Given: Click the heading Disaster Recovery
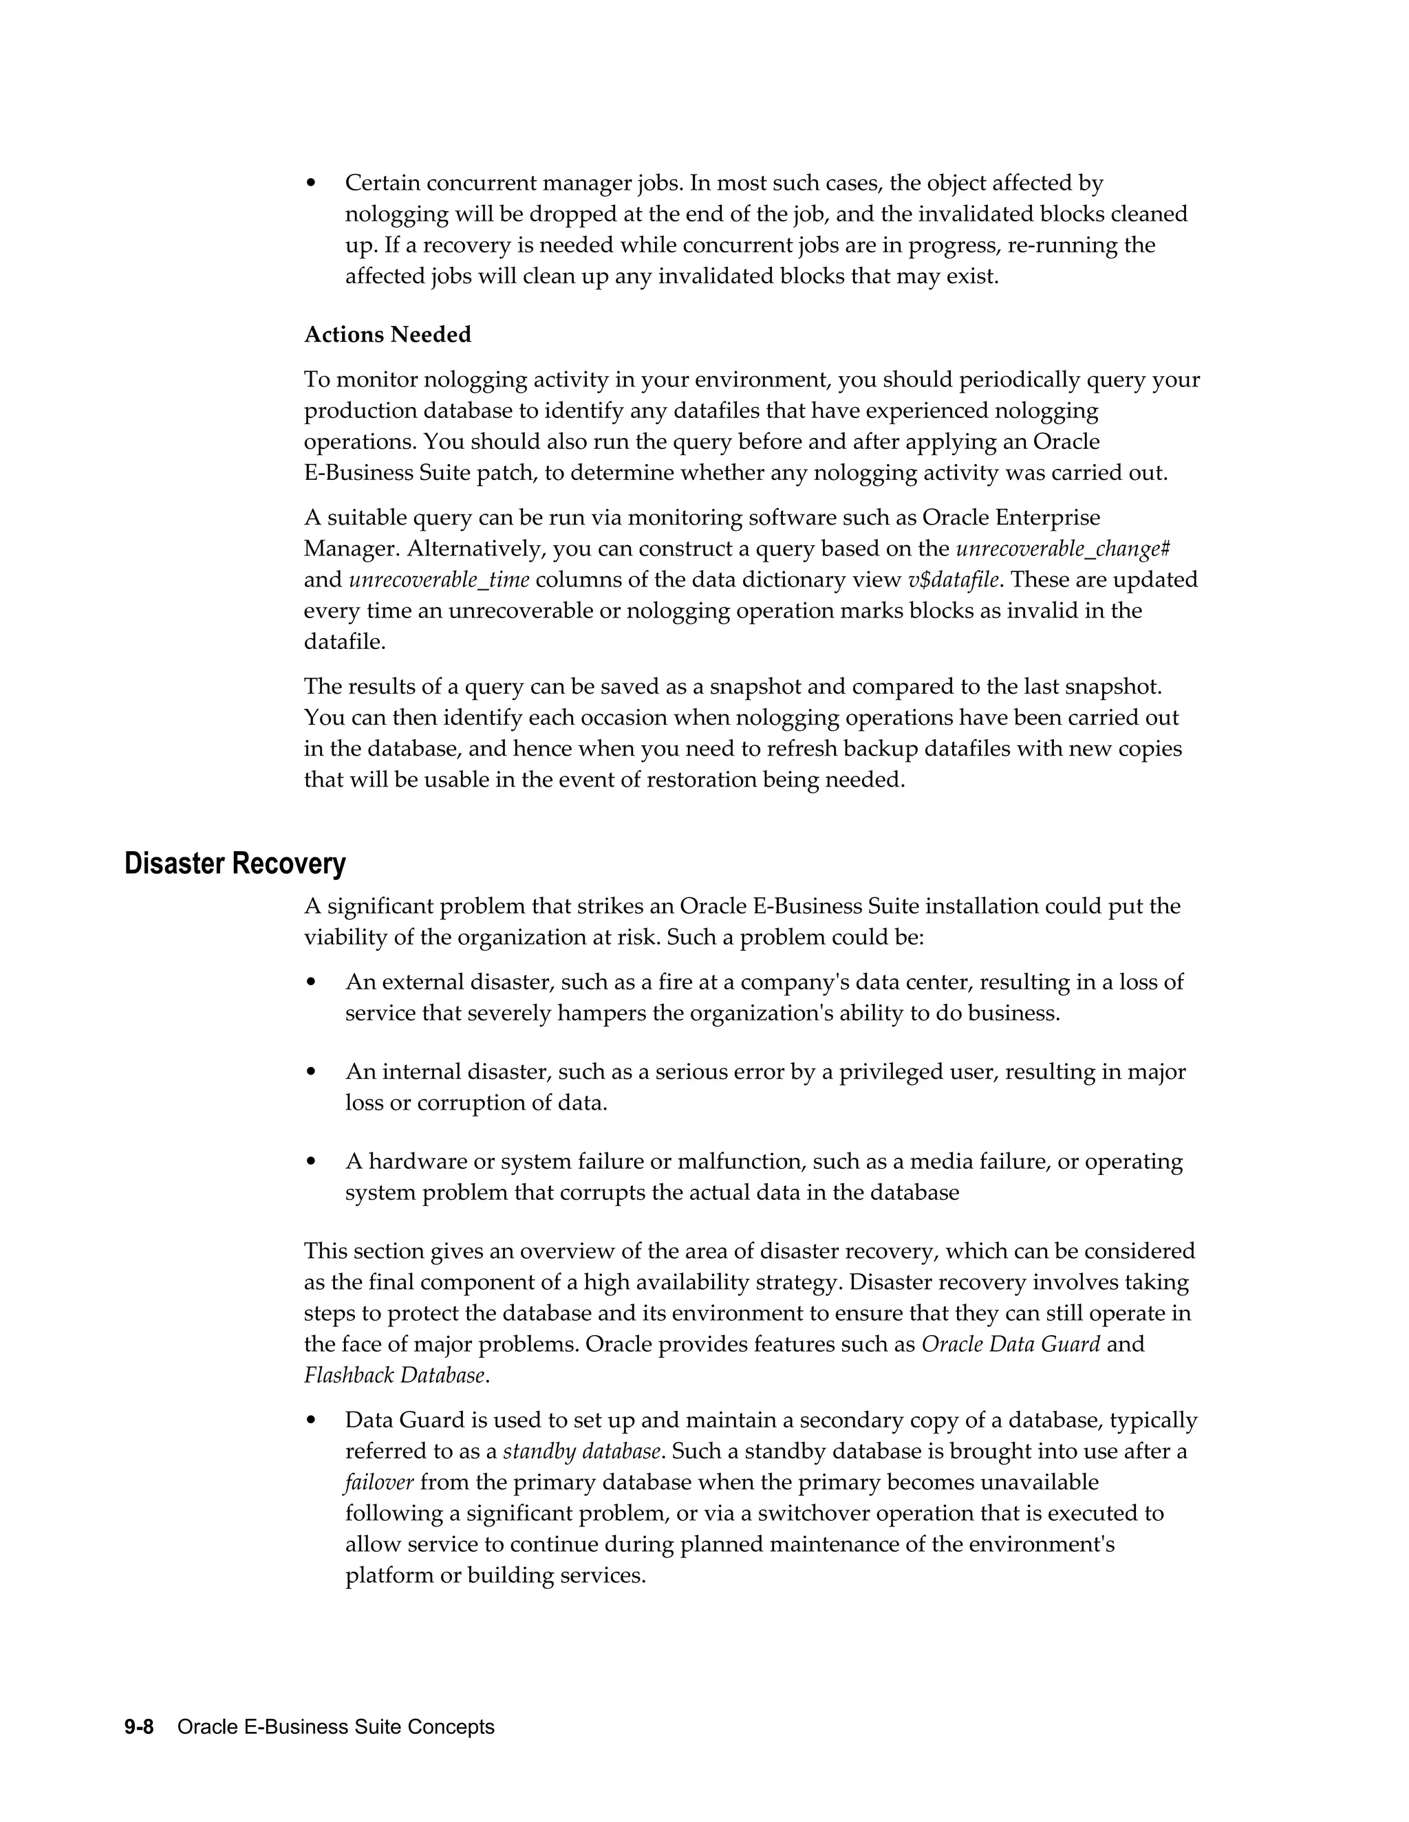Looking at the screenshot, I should tap(235, 864).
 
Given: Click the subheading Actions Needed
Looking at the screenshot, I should tap(387, 335).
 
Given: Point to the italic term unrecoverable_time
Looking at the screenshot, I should tap(439, 580).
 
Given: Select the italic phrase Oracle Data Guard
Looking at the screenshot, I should tap(1010, 1344).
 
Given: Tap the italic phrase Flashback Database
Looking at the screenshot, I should tap(394, 1375).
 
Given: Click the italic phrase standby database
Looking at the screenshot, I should tap(582, 1451).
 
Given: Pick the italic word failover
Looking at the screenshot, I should tap(378, 1482).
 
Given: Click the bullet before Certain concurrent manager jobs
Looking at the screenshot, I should tap(312, 184).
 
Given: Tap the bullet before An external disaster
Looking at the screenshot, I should tap(312, 983).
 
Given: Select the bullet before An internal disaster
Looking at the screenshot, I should tap(312, 1072).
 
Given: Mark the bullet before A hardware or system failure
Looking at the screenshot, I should tap(312, 1162).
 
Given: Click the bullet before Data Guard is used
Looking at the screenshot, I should tap(312, 1420).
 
